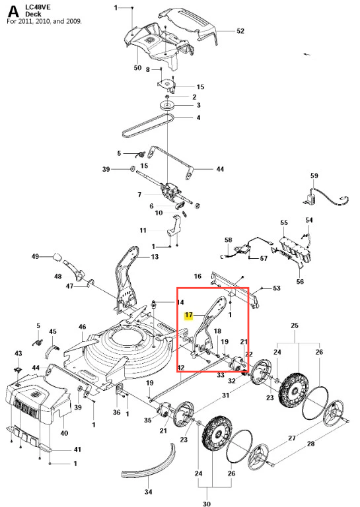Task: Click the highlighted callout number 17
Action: tap(188, 316)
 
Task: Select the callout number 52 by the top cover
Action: tap(240, 31)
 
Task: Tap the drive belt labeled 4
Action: tap(147, 127)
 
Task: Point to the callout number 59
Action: tap(314, 176)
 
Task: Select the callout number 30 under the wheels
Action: tap(206, 504)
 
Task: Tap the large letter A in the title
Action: tap(13, 12)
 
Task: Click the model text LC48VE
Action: tap(38, 7)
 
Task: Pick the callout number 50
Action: tap(137, 67)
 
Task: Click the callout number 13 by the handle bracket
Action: tap(155, 256)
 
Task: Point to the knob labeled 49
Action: tap(57, 257)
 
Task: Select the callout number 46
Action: tap(82, 327)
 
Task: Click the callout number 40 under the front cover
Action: tap(64, 432)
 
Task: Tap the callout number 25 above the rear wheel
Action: tap(295, 325)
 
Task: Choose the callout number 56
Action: tap(300, 281)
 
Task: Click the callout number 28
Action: tap(310, 444)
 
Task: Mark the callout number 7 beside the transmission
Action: tap(139, 194)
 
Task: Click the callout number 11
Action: tap(143, 230)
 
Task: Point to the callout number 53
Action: tap(277, 288)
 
